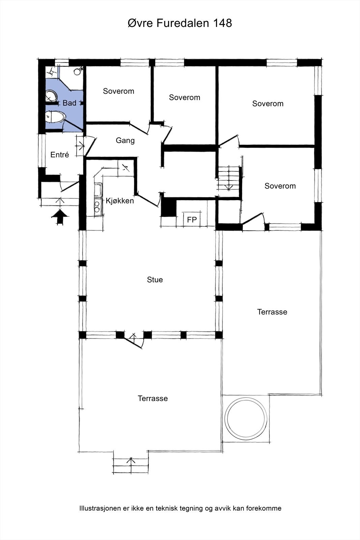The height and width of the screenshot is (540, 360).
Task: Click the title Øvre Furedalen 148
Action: pos(180,23)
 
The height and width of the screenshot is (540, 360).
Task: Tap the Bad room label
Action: pos(70,103)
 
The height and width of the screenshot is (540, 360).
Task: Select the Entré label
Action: pos(59,155)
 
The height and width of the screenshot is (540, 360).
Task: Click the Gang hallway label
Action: pos(125,140)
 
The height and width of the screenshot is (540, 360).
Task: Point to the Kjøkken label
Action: pos(120,200)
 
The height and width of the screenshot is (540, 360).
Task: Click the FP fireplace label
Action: pos(192,220)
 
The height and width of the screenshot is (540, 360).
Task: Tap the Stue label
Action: pos(155,280)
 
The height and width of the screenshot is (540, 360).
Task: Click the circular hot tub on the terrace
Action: pos(246,418)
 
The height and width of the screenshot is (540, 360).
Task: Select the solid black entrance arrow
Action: pos(60,217)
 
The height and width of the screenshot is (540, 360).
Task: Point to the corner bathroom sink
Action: pos(51,96)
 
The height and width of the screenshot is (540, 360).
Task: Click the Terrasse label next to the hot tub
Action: pos(272,312)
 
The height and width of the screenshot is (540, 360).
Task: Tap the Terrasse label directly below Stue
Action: pos(153,398)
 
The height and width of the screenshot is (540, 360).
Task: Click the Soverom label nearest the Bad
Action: pos(118,91)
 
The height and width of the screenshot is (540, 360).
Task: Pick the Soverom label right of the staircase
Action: pos(280,186)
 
